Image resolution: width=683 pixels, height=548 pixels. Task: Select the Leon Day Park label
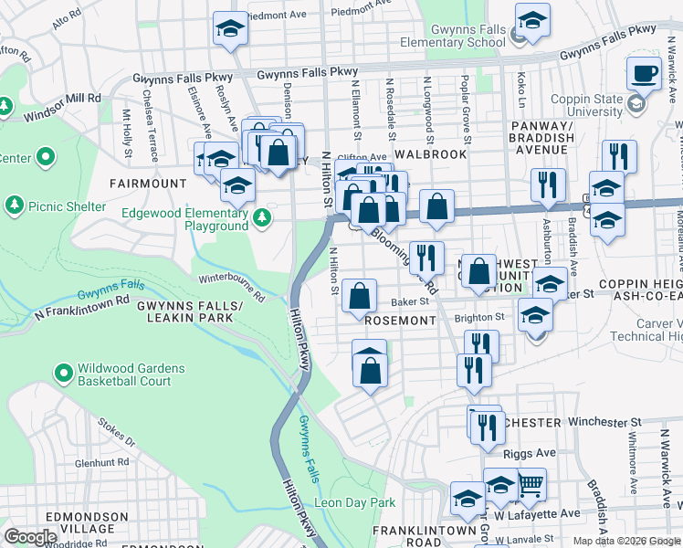coord(354,502)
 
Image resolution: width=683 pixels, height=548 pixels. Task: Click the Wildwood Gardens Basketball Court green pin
coord(63,374)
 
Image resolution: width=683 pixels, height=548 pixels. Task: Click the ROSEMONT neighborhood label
coord(399,321)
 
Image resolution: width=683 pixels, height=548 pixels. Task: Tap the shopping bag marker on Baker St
coord(360,296)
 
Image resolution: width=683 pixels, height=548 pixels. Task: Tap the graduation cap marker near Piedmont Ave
coord(230,28)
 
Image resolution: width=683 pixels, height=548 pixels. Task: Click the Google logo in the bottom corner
coord(30,537)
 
